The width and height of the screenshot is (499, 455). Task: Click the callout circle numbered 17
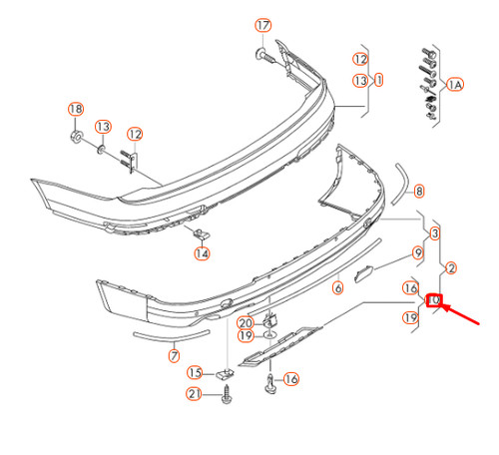[x=262, y=25]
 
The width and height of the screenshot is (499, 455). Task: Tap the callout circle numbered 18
[x=75, y=109]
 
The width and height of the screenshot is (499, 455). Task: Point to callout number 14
[x=203, y=253]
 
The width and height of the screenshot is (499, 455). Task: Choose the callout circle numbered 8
[x=419, y=191]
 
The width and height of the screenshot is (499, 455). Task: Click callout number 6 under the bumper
[x=337, y=287]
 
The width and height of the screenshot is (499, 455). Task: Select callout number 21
[x=196, y=396]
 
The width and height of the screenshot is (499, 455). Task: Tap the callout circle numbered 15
[x=195, y=372]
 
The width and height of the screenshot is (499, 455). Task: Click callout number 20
[x=246, y=322]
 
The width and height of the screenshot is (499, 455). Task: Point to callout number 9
[x=417, y=253]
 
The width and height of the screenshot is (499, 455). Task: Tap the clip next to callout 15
[x=223, y=372]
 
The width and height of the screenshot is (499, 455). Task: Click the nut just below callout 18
[x=76, y=134]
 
